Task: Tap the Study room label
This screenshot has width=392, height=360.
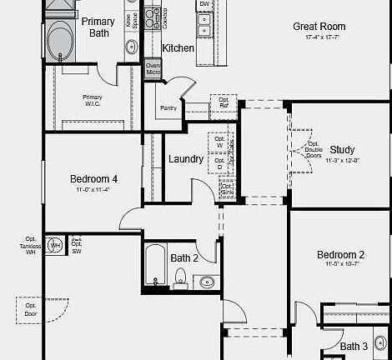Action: pyautogui.click(x=342, y=150)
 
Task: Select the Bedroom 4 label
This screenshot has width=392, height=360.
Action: pyautogui.click(x=93, y=179)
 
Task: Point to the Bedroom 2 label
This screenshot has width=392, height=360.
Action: pyautogui.click(x=340, y=255)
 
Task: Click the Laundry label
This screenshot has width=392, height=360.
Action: pyautogui.click(x=185, y=159)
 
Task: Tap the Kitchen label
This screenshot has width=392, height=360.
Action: pyautogui.click(x=178, y=48)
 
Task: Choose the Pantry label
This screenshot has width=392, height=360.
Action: pyautogui.click(x=168, y=107)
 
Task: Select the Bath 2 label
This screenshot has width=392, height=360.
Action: pyautogui.click(x=184, y=258)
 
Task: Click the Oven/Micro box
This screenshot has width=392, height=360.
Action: pyautogui.click(x=153, y=68)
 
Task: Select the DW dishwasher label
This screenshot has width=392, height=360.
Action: pyautogui.click(x=204, y=5)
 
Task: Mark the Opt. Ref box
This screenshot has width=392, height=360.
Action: pyautogui.click(x=224, y=102)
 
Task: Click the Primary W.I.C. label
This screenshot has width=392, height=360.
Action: pyautogui.click(x=92, y=100)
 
